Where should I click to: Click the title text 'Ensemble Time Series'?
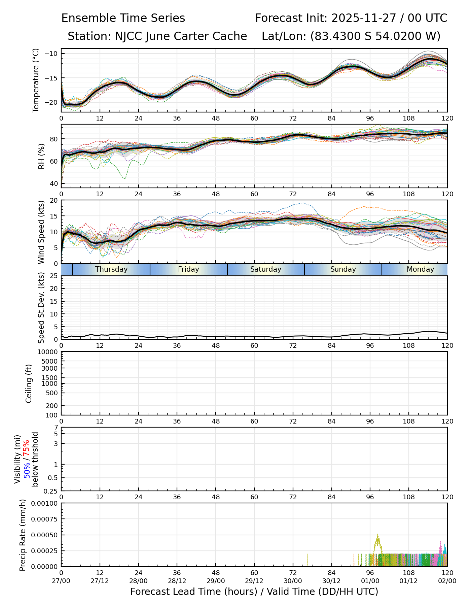(x=123, y=18)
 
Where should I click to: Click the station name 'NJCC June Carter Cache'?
(x=181, y=36)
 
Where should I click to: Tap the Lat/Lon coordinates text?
(x=351, y=36)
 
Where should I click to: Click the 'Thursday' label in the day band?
(x=111, y=269)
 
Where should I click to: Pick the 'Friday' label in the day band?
(x=188, y=269)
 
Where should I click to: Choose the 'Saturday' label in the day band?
(x=266, y=269)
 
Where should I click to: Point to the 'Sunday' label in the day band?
(x=343, y=269)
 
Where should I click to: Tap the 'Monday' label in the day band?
(x=420, y=269)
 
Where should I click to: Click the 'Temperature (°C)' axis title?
(x=36, y=80)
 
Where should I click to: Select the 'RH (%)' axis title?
(x=41, y=156)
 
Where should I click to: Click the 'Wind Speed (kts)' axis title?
(x=41, y=232)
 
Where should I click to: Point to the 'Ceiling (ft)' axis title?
(x=29, y=383)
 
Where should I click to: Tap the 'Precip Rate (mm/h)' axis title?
(x=23, y=535)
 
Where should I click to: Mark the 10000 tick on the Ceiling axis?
(x=49, y=352)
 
